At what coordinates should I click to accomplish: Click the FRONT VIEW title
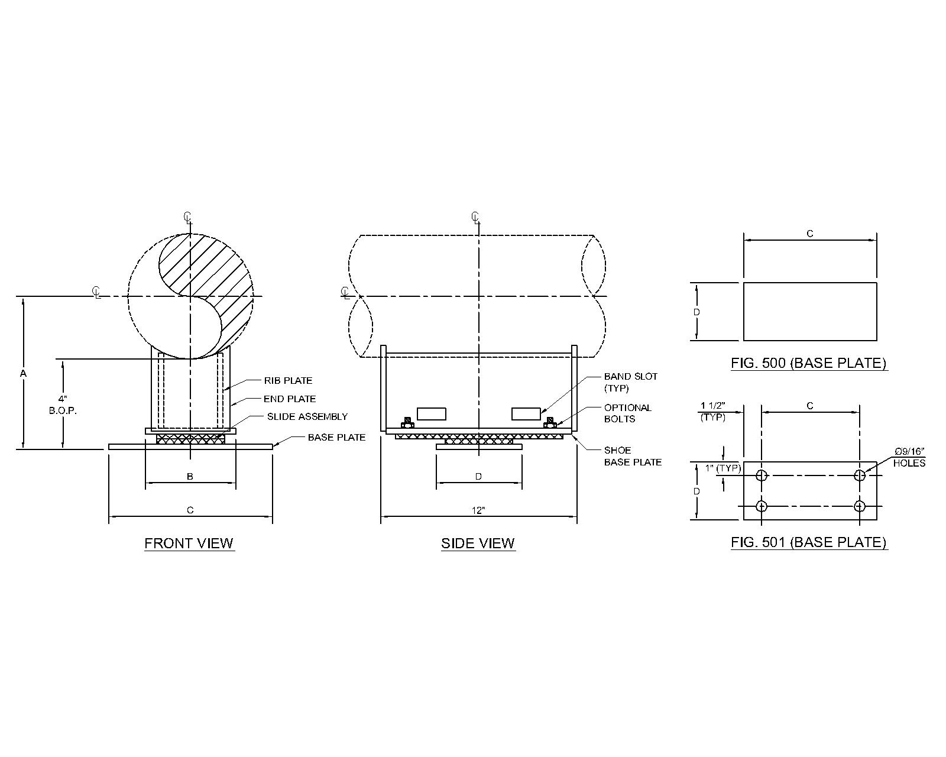(x=189, y=543)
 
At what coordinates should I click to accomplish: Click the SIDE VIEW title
(x=478, y=543)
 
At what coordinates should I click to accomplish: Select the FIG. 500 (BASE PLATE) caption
(x=809, y=363)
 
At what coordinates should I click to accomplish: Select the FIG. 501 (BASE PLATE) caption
(x=809, y=542)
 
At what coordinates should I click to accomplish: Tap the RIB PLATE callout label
(x=288, y=380)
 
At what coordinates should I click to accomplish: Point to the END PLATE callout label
(x=290, y=399)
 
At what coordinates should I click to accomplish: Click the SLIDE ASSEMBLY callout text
(x=307, y=416)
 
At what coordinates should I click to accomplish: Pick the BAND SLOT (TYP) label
(x=630, y=382)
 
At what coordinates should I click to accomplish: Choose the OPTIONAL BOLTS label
(x=627, y=413)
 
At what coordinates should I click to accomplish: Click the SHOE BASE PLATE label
(x=632, y=456)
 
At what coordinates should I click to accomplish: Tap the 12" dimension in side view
(x=479, y=510)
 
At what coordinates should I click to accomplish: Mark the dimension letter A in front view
(x=23, y=373)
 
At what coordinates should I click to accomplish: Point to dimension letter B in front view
(x=190, y=476)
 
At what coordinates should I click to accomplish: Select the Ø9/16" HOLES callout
(x=909, y=457)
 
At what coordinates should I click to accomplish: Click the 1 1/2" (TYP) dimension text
(x=712, y=411)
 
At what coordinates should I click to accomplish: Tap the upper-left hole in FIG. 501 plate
(x=762, y=475)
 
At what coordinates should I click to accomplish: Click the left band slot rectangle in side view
(x=432, y=413)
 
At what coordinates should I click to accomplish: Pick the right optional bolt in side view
(x=550, y=422)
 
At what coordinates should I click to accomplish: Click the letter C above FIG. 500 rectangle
(x=809, y=234)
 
